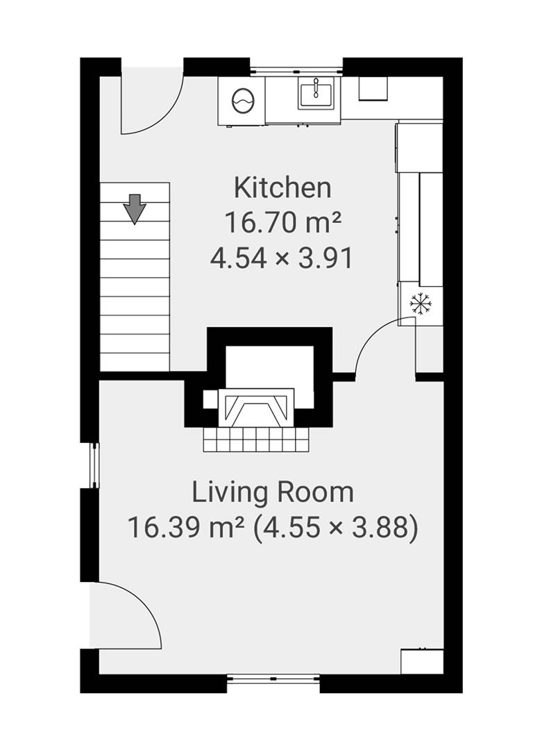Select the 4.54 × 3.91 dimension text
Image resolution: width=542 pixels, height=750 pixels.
tap(282, 258)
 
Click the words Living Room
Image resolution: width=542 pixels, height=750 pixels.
tap(273, 492)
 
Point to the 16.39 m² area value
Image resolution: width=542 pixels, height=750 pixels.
tap(187, 528)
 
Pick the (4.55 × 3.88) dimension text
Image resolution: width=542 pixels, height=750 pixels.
tap(335, 528)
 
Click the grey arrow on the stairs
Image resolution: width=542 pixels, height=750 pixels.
tap(135, 209)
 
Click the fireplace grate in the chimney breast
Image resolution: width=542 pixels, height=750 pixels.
tap(256, 407)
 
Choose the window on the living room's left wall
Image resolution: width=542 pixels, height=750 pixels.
tap(94, 465)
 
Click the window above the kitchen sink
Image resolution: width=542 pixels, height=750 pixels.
tap(296, 70)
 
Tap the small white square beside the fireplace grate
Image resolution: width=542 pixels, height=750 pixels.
tap(210, 399)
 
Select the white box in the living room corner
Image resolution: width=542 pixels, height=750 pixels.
tap(422, 661)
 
